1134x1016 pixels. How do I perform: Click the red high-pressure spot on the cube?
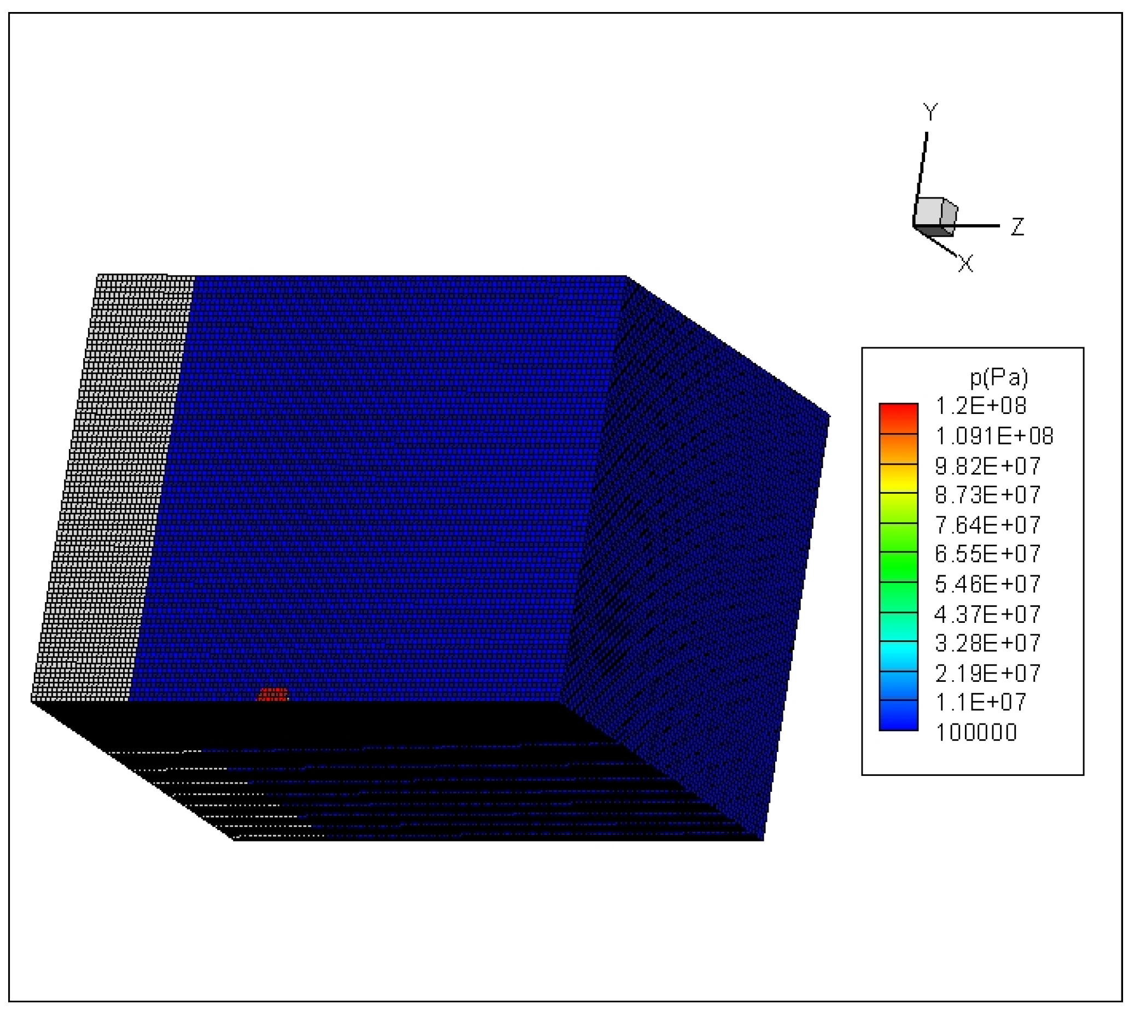tap(272, 694)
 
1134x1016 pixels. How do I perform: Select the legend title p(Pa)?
tap(998, 378)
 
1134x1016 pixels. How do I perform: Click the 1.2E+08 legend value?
tap(980, 406)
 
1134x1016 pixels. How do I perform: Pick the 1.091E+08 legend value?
tap(994, 436)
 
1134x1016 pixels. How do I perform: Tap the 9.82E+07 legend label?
tap(987, 465)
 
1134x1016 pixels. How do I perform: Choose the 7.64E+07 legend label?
tap(987, 525)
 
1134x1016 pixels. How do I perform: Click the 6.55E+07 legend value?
tap(987, 554)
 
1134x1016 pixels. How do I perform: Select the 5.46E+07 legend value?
tap(987, 584)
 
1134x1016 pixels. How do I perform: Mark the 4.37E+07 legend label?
tap(987, 614)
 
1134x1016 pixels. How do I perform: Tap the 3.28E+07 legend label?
tap(987, 643)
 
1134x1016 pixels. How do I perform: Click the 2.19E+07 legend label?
tap(987, 673)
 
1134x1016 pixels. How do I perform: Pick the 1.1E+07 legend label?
tap(980, 702)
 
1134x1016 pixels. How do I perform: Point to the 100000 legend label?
tap(976, 732)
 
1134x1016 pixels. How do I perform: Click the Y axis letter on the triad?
tap(930, 112)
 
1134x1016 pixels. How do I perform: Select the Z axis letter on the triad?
tap(1017, 227)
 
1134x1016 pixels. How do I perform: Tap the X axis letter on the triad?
tap(966, 264)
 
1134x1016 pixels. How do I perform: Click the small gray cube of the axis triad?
tap(934, 216)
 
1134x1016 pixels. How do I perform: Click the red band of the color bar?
tap(898, 418)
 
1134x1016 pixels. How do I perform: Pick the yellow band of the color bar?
tap(898, 478)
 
